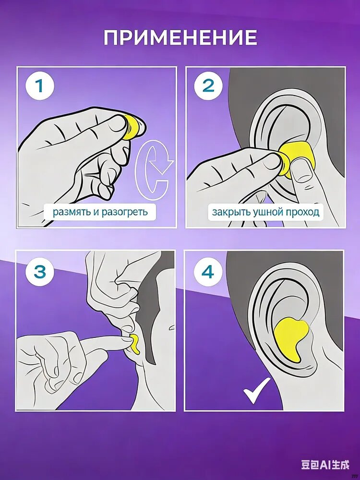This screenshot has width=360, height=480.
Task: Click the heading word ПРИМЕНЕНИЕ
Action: tap(180, 37)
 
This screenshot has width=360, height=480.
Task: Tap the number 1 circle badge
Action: tap(40, 86)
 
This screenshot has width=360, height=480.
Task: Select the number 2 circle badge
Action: tap(208, 86)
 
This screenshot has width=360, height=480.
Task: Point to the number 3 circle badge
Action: tap(40, 271)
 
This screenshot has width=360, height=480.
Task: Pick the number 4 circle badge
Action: tap(208, 271)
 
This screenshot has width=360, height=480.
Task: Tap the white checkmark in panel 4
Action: tap(256, 390)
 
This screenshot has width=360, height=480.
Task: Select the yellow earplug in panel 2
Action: tap(294, 160)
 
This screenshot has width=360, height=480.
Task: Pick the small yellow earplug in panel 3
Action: tap(135, 344)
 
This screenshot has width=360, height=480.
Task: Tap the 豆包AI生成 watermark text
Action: tap(325, 465)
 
